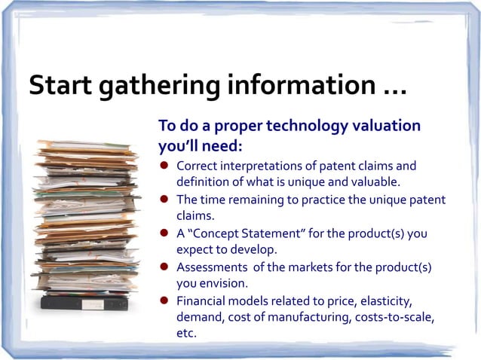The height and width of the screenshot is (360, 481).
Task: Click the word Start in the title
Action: [60, 85]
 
